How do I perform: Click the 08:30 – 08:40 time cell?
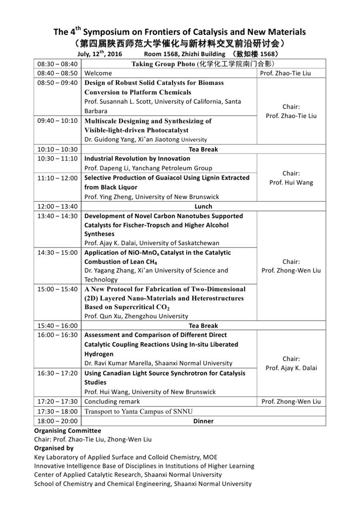pyautogui.click(x=57, y=64)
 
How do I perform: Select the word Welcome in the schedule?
pyautogui.click(x=98, y=73)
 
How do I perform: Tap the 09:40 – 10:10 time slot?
pyautogui.click(x=57, y=121)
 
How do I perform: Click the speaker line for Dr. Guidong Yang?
pyautogui.click(x=146, y=139)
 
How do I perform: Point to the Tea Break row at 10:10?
pyautogui.click(x=203, y=149)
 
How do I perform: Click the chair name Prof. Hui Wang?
pyautogui.click(x=291, y=183)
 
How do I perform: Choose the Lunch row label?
pyautogui.click(x=203, y=206)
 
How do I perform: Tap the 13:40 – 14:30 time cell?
pyautogui.click(x=57, y=216)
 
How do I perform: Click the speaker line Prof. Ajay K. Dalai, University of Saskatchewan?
pyautogui.click(x=152, y=243)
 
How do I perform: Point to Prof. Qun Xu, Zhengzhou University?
pyautogui.click(x=136, y=316)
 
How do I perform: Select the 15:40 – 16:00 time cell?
pyautogui.click(x=57, y=325)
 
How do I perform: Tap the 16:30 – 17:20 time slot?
pyautogui.click(x=57, y=373)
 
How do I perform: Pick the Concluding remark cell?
pyautogui.click(x=112, y=401)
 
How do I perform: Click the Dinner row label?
pyautogui.click(x=203, y=421)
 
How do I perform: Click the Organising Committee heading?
pyautogui.click(x=67, y=430)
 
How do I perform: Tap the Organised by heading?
pyautogui.click(x=53, y=448)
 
